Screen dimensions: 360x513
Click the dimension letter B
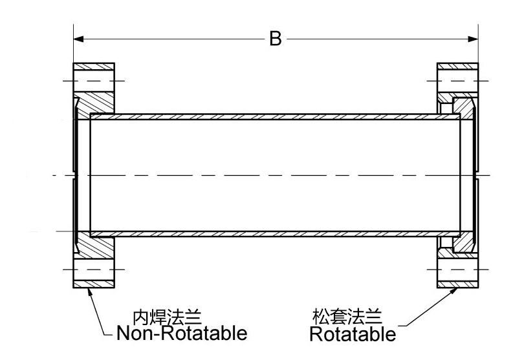[x=276, y=39]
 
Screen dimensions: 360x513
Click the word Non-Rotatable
[x=182, y=334]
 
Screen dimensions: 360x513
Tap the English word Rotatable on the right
[x=353, y=335]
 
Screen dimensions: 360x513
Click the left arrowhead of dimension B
[x=79, y=39]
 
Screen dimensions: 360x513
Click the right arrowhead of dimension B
[x=473, y=39]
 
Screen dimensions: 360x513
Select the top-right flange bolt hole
[x=457, y=81]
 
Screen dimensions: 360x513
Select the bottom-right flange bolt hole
[x=457, y=270]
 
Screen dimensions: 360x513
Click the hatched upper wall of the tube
[x=276, y=117]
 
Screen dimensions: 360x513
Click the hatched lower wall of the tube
[x=276, y=233]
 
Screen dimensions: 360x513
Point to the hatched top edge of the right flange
[x=457, y=67]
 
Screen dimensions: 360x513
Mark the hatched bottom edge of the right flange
[x=457, y=284]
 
